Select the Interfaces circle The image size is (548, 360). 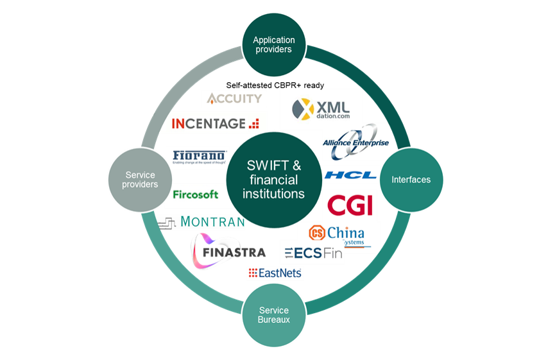[411, 180]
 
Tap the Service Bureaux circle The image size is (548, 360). [273, 315]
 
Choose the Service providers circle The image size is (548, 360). [141, 180]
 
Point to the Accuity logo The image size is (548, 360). [234, 98]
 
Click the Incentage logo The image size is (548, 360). [215, 123]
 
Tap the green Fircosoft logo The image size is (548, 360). [196, 194]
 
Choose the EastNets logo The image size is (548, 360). [275, 273]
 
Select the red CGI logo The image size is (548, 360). [350, 205]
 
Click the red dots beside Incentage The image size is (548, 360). [254, 123]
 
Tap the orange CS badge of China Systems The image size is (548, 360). [317, 232]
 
